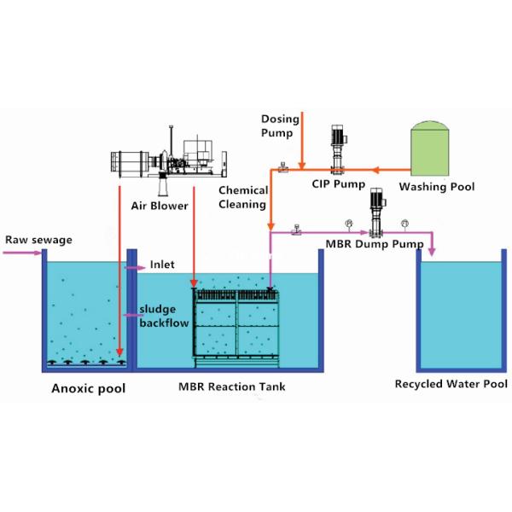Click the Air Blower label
point(160,206)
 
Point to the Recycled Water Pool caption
point(451,383)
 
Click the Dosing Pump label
point(278,126)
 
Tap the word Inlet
point(162,265)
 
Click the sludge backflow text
point(162,317)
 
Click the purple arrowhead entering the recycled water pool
point(432,249)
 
